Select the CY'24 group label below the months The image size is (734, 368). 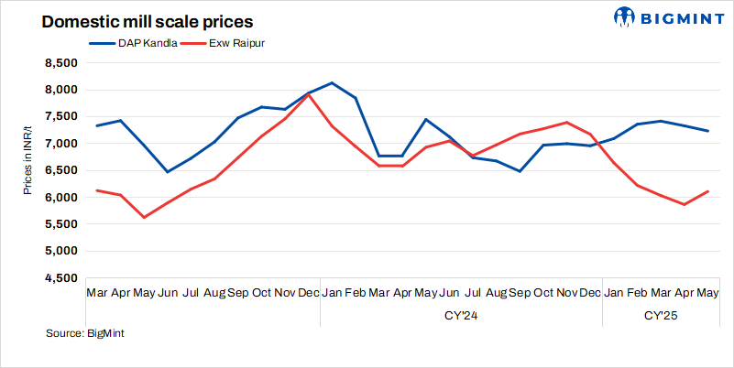point(460,315)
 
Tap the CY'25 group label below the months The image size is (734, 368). point(661,315)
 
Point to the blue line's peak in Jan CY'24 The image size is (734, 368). point(332,83)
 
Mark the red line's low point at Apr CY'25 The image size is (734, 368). point(684,204)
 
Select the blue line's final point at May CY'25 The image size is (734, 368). point(707,131)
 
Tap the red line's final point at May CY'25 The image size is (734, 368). point(707,191)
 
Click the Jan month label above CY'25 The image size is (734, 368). point(613,292)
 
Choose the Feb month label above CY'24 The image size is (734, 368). point(355,292)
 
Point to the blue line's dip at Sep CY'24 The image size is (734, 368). point(520,171)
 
